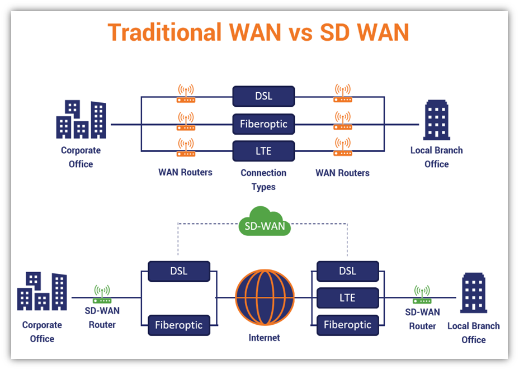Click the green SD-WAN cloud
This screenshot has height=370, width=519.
click(x=265, y=221)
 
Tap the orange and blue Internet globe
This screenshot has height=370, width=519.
click(x=265, y=297)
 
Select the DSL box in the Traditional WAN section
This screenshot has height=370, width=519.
click(x=263, y=96)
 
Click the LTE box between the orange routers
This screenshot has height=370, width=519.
click(x=263, y=151)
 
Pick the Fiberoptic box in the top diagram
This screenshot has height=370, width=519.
click(x=263, y=124)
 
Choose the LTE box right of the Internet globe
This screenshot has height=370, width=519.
click(x=347, y=298)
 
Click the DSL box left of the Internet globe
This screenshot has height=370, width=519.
click(x=179, y=272)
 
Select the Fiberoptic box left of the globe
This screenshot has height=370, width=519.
click(x=179, y=325)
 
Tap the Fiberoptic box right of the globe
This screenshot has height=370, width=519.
click(x=347, y=325)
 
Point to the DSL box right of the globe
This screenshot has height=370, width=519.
click(x=347, y=272)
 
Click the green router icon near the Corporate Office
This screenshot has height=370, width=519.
click(x=102, y=295)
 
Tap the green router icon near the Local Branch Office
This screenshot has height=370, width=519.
click(x=422, y=295)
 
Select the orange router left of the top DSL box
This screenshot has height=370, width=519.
click(x=186, y=93)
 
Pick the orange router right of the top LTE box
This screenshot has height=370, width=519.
click(x=343, y=147)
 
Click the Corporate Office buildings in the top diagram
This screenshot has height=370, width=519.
click(x=81, y=119)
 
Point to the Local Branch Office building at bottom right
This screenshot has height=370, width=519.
click(x=474, y=293)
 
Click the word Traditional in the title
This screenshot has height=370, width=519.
click(x=164, y=32)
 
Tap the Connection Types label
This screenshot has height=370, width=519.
click(x=263, y=180)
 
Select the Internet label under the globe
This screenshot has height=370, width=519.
click(x=264, y=338)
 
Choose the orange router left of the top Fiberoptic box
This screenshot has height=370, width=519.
click(x=186, y=121)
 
